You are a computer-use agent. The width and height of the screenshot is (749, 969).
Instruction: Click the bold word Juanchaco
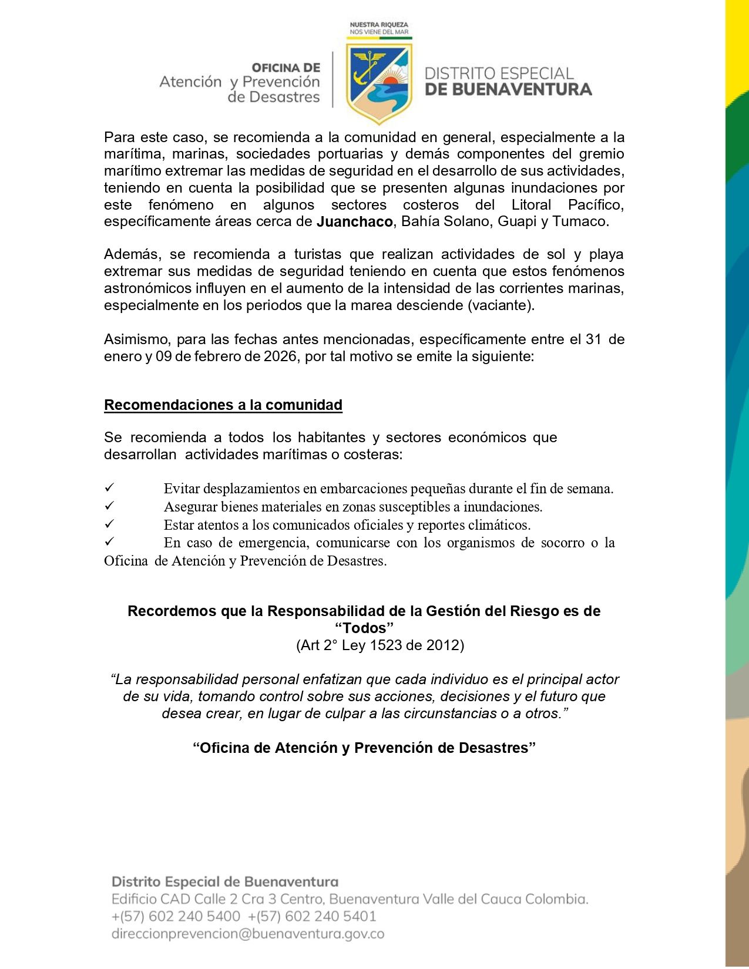(355, 222)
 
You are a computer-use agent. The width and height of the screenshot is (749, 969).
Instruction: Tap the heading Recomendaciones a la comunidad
(223, 405)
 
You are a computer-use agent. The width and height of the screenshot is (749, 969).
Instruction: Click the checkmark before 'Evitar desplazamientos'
(109, 487)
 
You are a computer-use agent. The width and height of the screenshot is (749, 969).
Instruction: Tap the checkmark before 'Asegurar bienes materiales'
(109, 506)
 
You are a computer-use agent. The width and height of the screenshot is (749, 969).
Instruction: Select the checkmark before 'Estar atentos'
(109, 524)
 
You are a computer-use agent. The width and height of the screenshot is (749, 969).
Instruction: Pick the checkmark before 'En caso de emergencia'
(109, 541)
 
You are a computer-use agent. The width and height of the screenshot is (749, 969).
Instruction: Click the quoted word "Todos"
(364, 628)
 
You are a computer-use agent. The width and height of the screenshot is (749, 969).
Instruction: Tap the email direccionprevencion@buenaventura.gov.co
(248, 934)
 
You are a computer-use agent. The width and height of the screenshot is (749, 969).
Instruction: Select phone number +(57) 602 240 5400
(176, 916)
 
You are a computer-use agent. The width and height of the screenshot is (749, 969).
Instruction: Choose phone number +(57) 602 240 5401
(312, 916)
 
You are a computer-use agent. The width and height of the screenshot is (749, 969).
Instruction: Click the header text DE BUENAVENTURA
(508, 90)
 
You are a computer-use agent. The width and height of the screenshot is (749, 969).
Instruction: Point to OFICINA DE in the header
(286, 68)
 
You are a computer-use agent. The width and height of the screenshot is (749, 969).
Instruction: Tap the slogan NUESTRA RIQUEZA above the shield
(379, 25)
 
